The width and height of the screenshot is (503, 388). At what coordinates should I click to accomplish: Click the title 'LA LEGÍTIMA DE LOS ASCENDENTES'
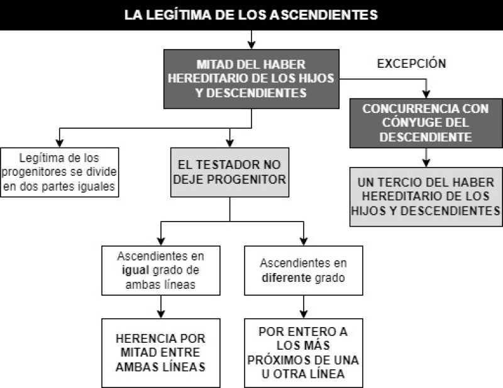(251, 15)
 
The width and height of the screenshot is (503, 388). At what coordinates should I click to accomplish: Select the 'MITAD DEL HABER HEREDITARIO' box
(251, 79)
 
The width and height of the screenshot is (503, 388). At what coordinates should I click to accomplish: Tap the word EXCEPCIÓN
(412, 63)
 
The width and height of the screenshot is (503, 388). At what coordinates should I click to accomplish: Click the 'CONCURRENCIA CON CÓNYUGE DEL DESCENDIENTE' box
(426, 123)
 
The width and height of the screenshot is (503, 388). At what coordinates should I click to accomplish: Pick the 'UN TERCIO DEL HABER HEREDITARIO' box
(426, 197)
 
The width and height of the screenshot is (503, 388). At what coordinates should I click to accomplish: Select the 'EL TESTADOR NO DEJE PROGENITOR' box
(229, 172)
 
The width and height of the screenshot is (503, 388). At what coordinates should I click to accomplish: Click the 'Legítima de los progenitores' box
(59, 172)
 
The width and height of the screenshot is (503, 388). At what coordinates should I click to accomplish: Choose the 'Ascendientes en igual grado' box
(161, 271)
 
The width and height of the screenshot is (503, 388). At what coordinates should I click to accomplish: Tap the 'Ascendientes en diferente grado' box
(304, 271)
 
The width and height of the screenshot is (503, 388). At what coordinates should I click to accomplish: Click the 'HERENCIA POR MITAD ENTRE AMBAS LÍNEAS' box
(161, 353)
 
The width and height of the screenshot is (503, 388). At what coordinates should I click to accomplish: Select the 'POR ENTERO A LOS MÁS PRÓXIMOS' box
(304, 353)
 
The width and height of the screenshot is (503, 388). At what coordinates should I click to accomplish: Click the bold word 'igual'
(135, 270)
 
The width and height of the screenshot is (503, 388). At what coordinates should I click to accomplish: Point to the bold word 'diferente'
(287, 278)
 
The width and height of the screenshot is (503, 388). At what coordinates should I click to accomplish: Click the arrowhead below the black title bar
(251, 45)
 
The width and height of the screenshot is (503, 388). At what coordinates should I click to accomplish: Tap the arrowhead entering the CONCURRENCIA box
(426, 94)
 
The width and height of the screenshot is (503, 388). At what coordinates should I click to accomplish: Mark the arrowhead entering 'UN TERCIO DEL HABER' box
(426, 163)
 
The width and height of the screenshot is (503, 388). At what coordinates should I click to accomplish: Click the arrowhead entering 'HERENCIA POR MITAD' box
(161, 315)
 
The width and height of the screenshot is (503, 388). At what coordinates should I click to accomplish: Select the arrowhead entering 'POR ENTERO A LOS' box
(304, 315)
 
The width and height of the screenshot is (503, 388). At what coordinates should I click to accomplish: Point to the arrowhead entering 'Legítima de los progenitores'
(59, 144)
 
